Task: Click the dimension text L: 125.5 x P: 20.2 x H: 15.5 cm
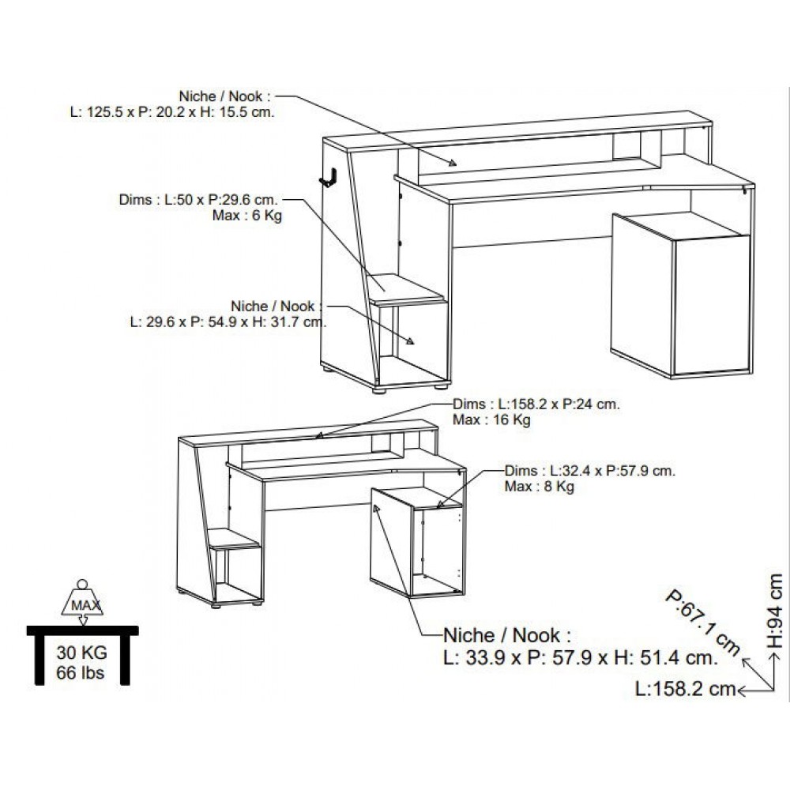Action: [x=172, y=112]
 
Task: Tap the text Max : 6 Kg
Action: [x=246, y=216]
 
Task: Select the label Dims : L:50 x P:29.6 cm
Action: [x=198, y=200]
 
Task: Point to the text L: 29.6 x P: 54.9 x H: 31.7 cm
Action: [x=228, y=322]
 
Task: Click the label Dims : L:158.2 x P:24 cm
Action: [x=536, y=404]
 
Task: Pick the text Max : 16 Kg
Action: [x=491, y=419]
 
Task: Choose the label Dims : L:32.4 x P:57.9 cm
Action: [x=589, y=471]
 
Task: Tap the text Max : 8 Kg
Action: [x=539, y=487]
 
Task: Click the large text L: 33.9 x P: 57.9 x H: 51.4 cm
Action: [x=581, y=657]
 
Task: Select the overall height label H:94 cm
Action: [x=774, y=611]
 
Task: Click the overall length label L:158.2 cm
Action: [x=685, y=689]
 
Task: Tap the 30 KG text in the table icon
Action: [x=81, y=653]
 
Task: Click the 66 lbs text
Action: [x=80, y=672]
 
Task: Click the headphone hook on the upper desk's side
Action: [x=328, y=177]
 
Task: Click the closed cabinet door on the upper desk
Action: [x=712, y=305]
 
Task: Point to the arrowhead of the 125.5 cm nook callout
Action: [x=453, y=162]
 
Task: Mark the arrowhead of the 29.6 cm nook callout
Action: [x=410, y=341]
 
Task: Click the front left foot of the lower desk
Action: [x=216, y=606]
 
